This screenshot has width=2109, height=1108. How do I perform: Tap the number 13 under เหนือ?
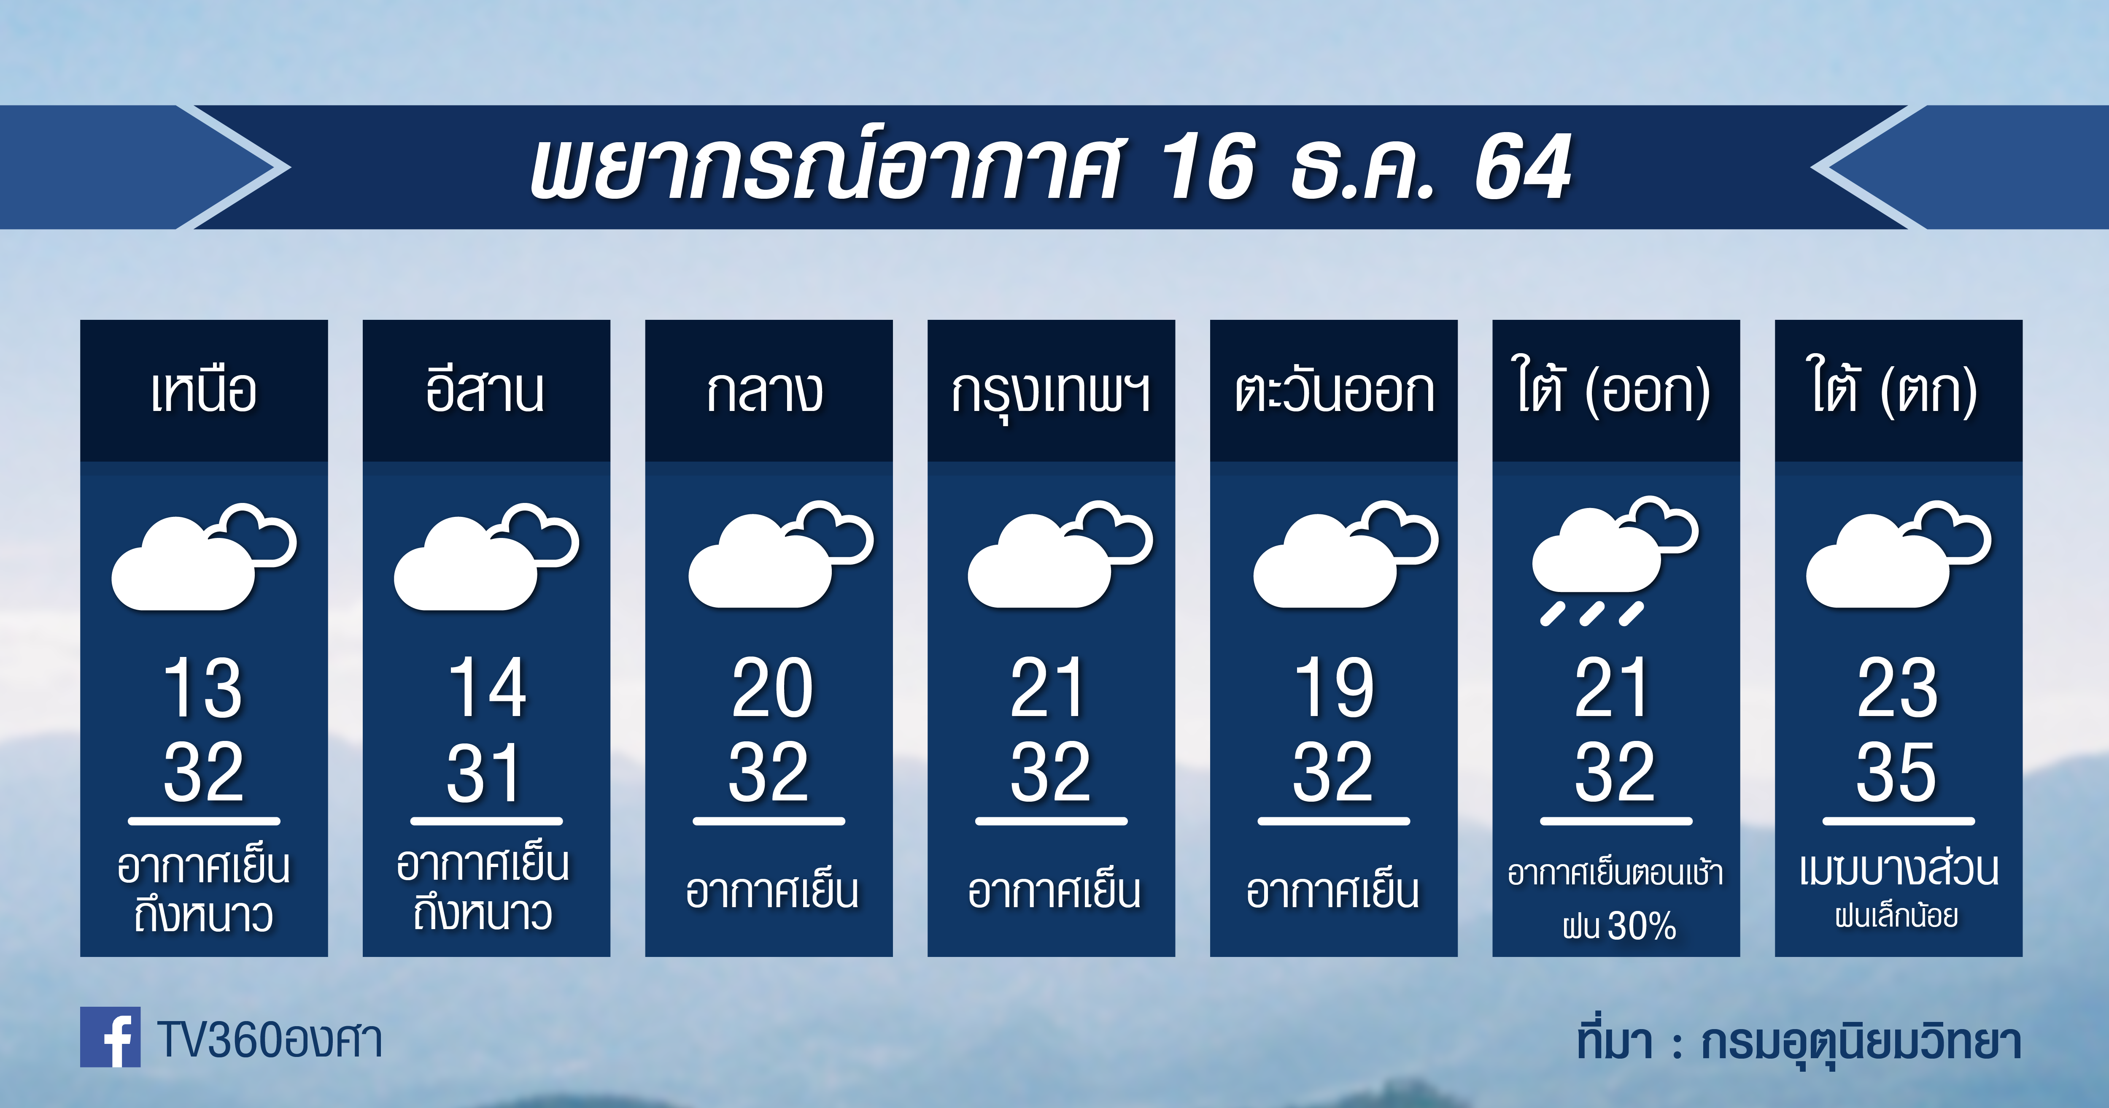tap(203, 688)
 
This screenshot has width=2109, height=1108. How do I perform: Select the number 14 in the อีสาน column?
tap(486, 688)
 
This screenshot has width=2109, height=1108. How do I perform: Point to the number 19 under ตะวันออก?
tap(1334, 688)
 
